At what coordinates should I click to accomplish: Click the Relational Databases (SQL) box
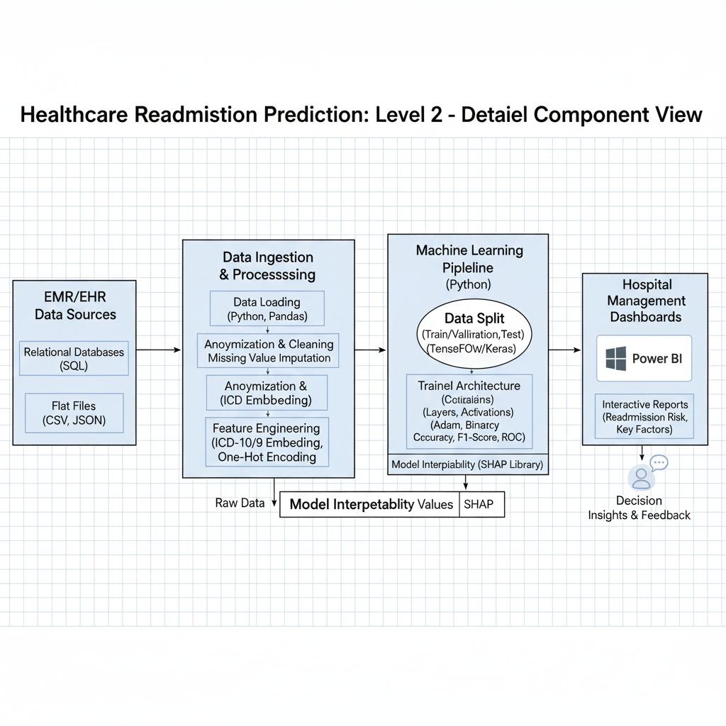coord(74,359)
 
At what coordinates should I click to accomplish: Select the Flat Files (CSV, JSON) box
coord(74,413)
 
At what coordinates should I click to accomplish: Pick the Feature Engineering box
coord(267,442)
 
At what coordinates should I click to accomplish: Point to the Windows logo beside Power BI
coord(615,359)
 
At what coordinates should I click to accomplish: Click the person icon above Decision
coord(641,477)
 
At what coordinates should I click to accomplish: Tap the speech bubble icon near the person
coord(659,462)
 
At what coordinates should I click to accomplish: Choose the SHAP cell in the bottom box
coord(482,505)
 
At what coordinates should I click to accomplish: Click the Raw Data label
coord(240,503)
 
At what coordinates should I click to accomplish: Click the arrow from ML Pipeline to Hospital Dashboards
coord(564,350)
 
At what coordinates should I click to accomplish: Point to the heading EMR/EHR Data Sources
coord(75,306)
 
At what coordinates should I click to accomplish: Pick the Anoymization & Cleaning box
coord(269,351)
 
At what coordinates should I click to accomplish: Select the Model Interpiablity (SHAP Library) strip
coord(467,464)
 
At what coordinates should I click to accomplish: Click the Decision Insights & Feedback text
coord(639,508)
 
